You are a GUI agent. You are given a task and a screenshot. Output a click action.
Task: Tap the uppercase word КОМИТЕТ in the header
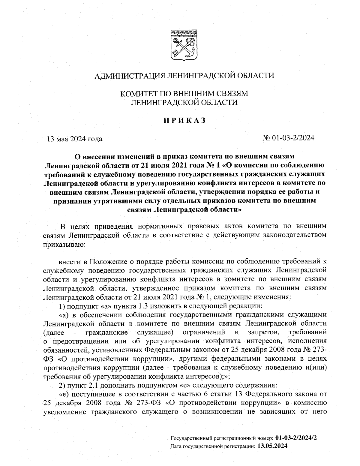click(x=137, y=94)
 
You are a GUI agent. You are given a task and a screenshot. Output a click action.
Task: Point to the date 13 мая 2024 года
click(x=74, y=139)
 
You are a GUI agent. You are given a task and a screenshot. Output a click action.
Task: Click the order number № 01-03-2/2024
click(x=288, y=138)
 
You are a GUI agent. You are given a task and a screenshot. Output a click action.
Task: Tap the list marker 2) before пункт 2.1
click(x=62, y=385)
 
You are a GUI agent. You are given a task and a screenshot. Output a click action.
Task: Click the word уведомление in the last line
click(x=63, y=412)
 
